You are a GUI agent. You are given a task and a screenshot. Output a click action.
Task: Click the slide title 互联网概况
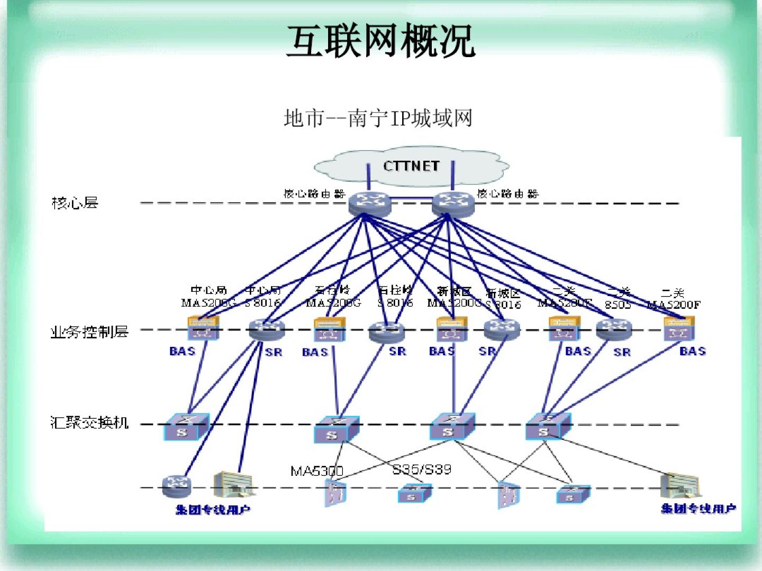pyautogui.click(x=380, y=41)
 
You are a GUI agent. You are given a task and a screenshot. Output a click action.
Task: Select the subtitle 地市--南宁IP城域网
pyautogui.click(x=378, y=118)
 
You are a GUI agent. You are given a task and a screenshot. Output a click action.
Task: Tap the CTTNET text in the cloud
pyautogui.click(x=411, y=166)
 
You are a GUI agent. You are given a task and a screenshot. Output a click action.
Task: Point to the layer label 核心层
pyautogui.click(x=75, y=202)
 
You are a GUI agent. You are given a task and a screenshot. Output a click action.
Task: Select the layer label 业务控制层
pyautogui.click(x=89, y=332)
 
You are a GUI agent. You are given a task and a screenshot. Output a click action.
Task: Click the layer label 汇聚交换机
pyautogui.click(x=89, y=422)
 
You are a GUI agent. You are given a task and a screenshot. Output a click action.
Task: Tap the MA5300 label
pyautogui.click(x=316, y=471)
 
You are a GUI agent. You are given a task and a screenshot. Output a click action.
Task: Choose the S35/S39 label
pyautogui.click(x=422, y=469)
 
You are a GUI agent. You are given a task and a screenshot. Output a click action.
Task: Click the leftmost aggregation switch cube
pyautogui.click(x=186, y=426)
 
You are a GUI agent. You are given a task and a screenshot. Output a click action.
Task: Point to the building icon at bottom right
pyautogui.click(x=680, y=485)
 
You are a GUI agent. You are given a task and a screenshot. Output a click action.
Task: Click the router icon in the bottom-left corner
pyautogui.click(x=176, y=485)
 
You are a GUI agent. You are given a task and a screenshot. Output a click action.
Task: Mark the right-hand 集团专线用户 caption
pyautogui.click(x=698, y=509)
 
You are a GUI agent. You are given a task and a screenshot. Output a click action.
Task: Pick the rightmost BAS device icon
pyautogui.click(x=679, y=328)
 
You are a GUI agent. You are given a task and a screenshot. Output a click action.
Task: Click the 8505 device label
pyautogui.click(x=618, y=305)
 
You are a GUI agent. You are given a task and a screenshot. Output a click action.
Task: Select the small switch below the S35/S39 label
pyautogui.click(x=414, y=494)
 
